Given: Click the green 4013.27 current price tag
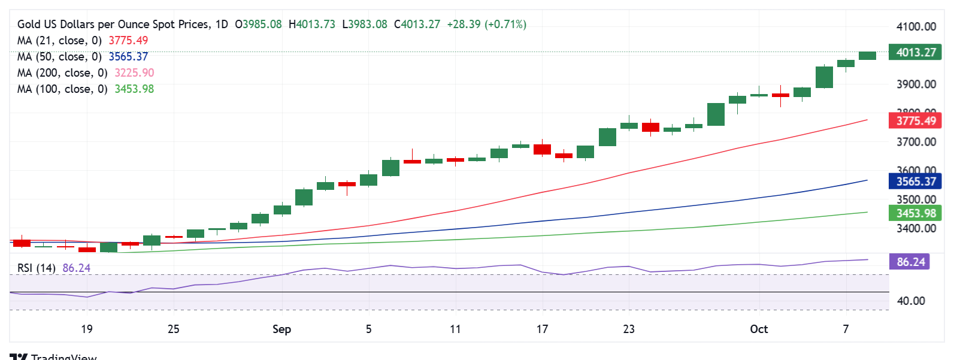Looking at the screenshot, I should [x=915, y=52].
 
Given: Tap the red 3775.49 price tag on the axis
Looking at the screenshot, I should [x=915, y=121].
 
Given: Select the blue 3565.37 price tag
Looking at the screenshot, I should [x=915, y=181].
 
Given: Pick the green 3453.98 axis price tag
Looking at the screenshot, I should [x=915, y=213].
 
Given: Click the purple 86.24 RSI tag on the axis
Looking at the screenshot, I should [x=910, y=262].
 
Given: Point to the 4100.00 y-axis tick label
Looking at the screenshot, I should [x=916, y=26].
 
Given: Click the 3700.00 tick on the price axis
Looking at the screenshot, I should [x=916, y=142].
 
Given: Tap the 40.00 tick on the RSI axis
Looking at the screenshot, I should [x=911, y=301].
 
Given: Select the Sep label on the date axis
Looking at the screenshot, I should [x=281, y=329].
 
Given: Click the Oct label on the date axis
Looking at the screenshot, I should [x=759, y=329].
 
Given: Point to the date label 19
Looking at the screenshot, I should [x=87, y=329].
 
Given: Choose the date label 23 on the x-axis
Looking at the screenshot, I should [x=629, y=329].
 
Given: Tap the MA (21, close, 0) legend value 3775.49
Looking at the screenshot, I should [x=128, y=40].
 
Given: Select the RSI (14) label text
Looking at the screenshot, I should [x=37, y=268].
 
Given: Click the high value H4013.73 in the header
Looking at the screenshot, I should [x=312, y=24].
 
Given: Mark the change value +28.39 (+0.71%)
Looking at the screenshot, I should [x=486, y=24].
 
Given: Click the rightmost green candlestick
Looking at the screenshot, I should [x=867, y=56].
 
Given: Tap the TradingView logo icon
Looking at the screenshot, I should [x=19, y=356].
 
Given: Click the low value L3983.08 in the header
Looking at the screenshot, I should [x=365, y=24].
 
